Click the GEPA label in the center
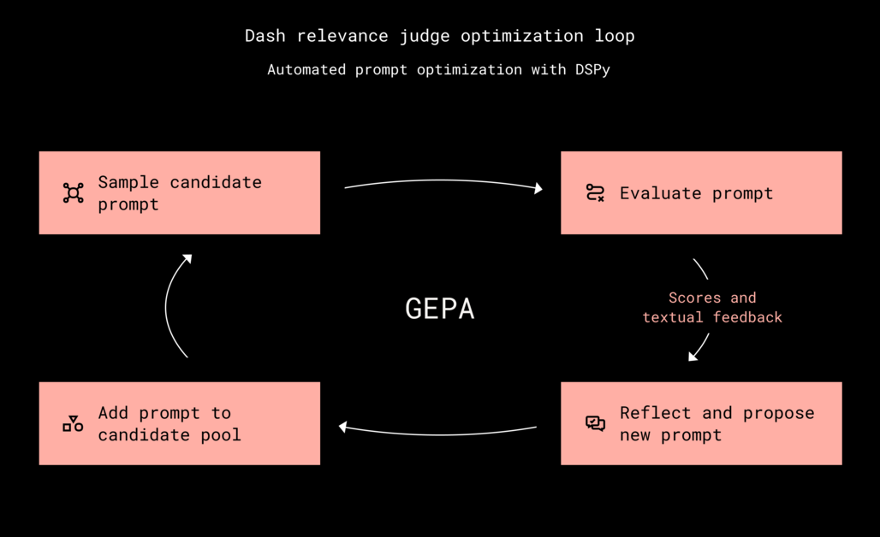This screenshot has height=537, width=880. pyautogui.click(x=439, y=308)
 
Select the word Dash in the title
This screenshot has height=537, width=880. pyautogui.click(x=265, y=36)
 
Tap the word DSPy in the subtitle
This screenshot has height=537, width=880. pyautogui.click(x=592, y=69)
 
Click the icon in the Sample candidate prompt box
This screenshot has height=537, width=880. pyautogui.click(x=74, y=193)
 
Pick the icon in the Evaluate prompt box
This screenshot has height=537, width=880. pyautogui.click(x=595, y=193)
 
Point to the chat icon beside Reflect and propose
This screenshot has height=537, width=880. pyautogui.click(x=595, y=424)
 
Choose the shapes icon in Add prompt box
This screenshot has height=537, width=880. pyautogui.click(x=74, y=423)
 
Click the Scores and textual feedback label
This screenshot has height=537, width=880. pyautogui.click(x=712, y=307)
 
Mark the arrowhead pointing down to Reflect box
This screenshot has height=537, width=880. pyautogui.click(x=693, y=356)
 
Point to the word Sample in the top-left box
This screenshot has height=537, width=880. pyautogui.click(x=128, y=182)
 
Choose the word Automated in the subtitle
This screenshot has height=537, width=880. pyautogui.click(x=307, y=69)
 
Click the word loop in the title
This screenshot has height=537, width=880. pyautogui.click(x=615, y=36)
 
